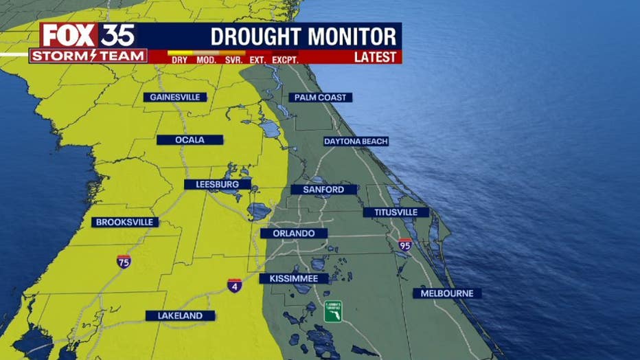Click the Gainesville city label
point(175,98)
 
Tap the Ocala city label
point(190,140)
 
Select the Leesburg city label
point(217,185)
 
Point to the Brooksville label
point(126,223)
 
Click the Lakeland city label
point(180,316)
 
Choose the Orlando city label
point(293,234)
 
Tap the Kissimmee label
point(293,278)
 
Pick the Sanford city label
point(324,190)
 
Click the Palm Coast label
point(320,98)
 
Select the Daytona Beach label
point(356,142)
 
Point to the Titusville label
point(396,212)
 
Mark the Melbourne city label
point(447,293)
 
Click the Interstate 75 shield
point(124,261)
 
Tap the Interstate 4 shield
point(235,286)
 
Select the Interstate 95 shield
point(405,245)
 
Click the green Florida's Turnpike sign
point(334,312)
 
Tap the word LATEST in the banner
point(375,57)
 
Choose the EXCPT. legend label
point(284,60)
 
